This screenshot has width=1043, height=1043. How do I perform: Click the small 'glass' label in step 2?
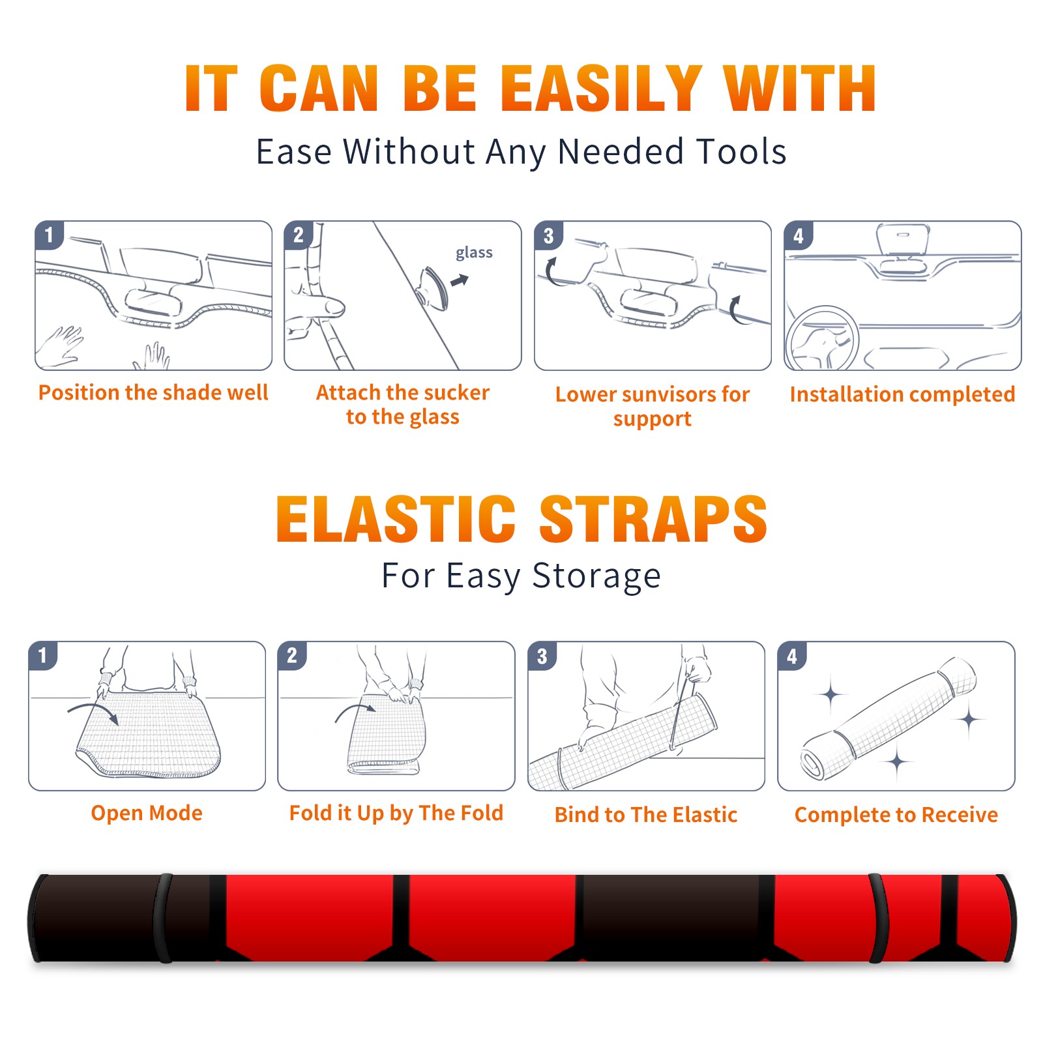(474, 253)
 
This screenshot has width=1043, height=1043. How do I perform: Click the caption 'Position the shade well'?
(153, 392)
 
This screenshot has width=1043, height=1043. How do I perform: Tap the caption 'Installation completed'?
(902, 394)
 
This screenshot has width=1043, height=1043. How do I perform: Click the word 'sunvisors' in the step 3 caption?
(669, 394)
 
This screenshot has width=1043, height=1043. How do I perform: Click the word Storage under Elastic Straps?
(596, 576)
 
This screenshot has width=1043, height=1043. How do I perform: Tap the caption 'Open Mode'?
(147, 813)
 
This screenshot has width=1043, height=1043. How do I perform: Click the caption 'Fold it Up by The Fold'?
(396, 813)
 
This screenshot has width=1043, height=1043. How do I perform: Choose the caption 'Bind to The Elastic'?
(646, 815)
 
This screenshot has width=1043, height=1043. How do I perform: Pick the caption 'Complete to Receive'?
(896, 815)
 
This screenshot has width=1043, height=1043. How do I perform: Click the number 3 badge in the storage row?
(542, 656)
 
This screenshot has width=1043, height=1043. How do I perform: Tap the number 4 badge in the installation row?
(799, 235)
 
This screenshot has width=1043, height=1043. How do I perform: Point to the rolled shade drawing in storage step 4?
(889, 718)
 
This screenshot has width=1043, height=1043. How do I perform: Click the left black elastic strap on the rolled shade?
(163, 918)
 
